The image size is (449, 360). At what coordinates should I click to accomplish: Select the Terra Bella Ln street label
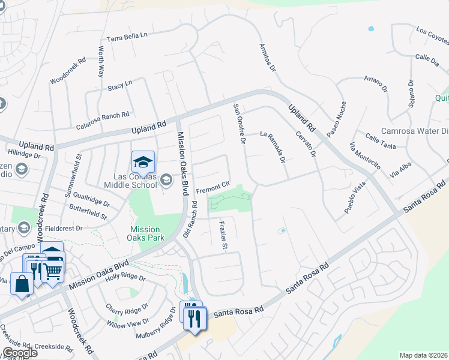[127, 37]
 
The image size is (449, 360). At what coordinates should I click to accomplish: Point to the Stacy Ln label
[119, 86]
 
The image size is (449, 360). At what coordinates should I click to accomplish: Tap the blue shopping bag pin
[22, 284]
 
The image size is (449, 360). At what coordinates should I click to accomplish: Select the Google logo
[20, 353]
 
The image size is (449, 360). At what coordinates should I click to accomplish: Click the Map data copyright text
[424, 355]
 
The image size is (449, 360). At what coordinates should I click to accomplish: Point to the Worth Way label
[100, 64]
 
